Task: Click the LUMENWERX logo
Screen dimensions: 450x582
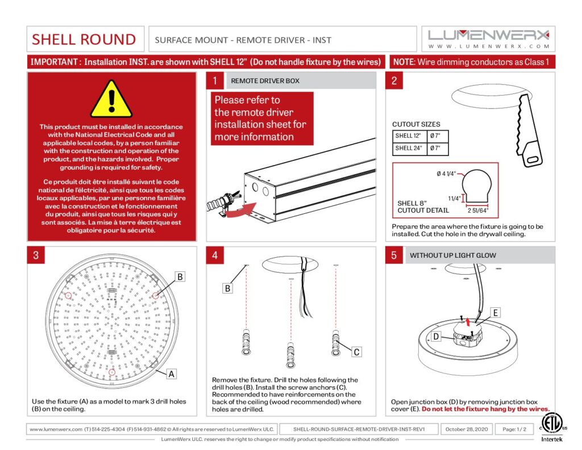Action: point(489,39)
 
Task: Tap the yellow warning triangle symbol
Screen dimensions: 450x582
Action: point(111,100)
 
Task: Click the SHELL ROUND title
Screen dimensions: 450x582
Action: point(84,39)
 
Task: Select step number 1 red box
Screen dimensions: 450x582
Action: point(214,81)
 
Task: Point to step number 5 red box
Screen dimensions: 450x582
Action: point(394,255)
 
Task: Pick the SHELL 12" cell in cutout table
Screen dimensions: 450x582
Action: point(408,135)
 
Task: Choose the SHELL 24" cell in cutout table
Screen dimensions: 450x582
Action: point(408,148)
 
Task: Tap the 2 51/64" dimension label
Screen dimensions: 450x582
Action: point(477,210)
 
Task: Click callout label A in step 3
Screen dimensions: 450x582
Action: point(171,374)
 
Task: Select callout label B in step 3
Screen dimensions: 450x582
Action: point(179,276)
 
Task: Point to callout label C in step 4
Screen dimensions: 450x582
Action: point(356,352)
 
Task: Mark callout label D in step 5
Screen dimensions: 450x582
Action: point(436,336)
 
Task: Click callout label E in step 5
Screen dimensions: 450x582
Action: point(496,313)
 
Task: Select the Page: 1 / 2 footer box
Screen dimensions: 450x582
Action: point(510,429)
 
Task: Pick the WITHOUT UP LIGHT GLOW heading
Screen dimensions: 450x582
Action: point(452,255)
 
